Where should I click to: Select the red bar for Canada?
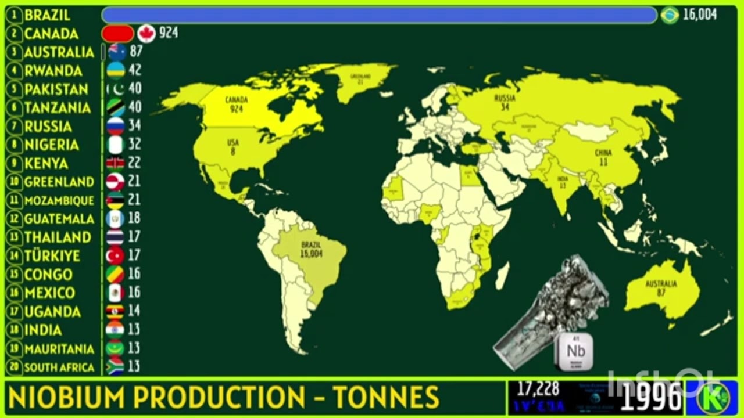[117, 33]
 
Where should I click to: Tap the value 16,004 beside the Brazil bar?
[700, 15]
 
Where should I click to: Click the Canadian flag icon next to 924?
[146, 33]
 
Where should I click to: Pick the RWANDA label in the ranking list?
[53, 71]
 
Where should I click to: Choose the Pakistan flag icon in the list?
[116, 89]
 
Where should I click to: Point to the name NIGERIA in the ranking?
[52, 145]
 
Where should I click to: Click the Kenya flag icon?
[116, 163]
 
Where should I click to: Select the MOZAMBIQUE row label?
[59, 200]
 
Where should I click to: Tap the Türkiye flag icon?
[116, 255]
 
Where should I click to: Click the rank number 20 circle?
[13, 367]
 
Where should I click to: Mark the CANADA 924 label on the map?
[236, 104]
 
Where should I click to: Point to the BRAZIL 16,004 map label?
[311, 250]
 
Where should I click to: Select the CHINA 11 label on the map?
[603, 157]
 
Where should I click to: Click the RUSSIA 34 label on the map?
[505, 102]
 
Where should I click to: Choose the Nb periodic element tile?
[575, 351]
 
